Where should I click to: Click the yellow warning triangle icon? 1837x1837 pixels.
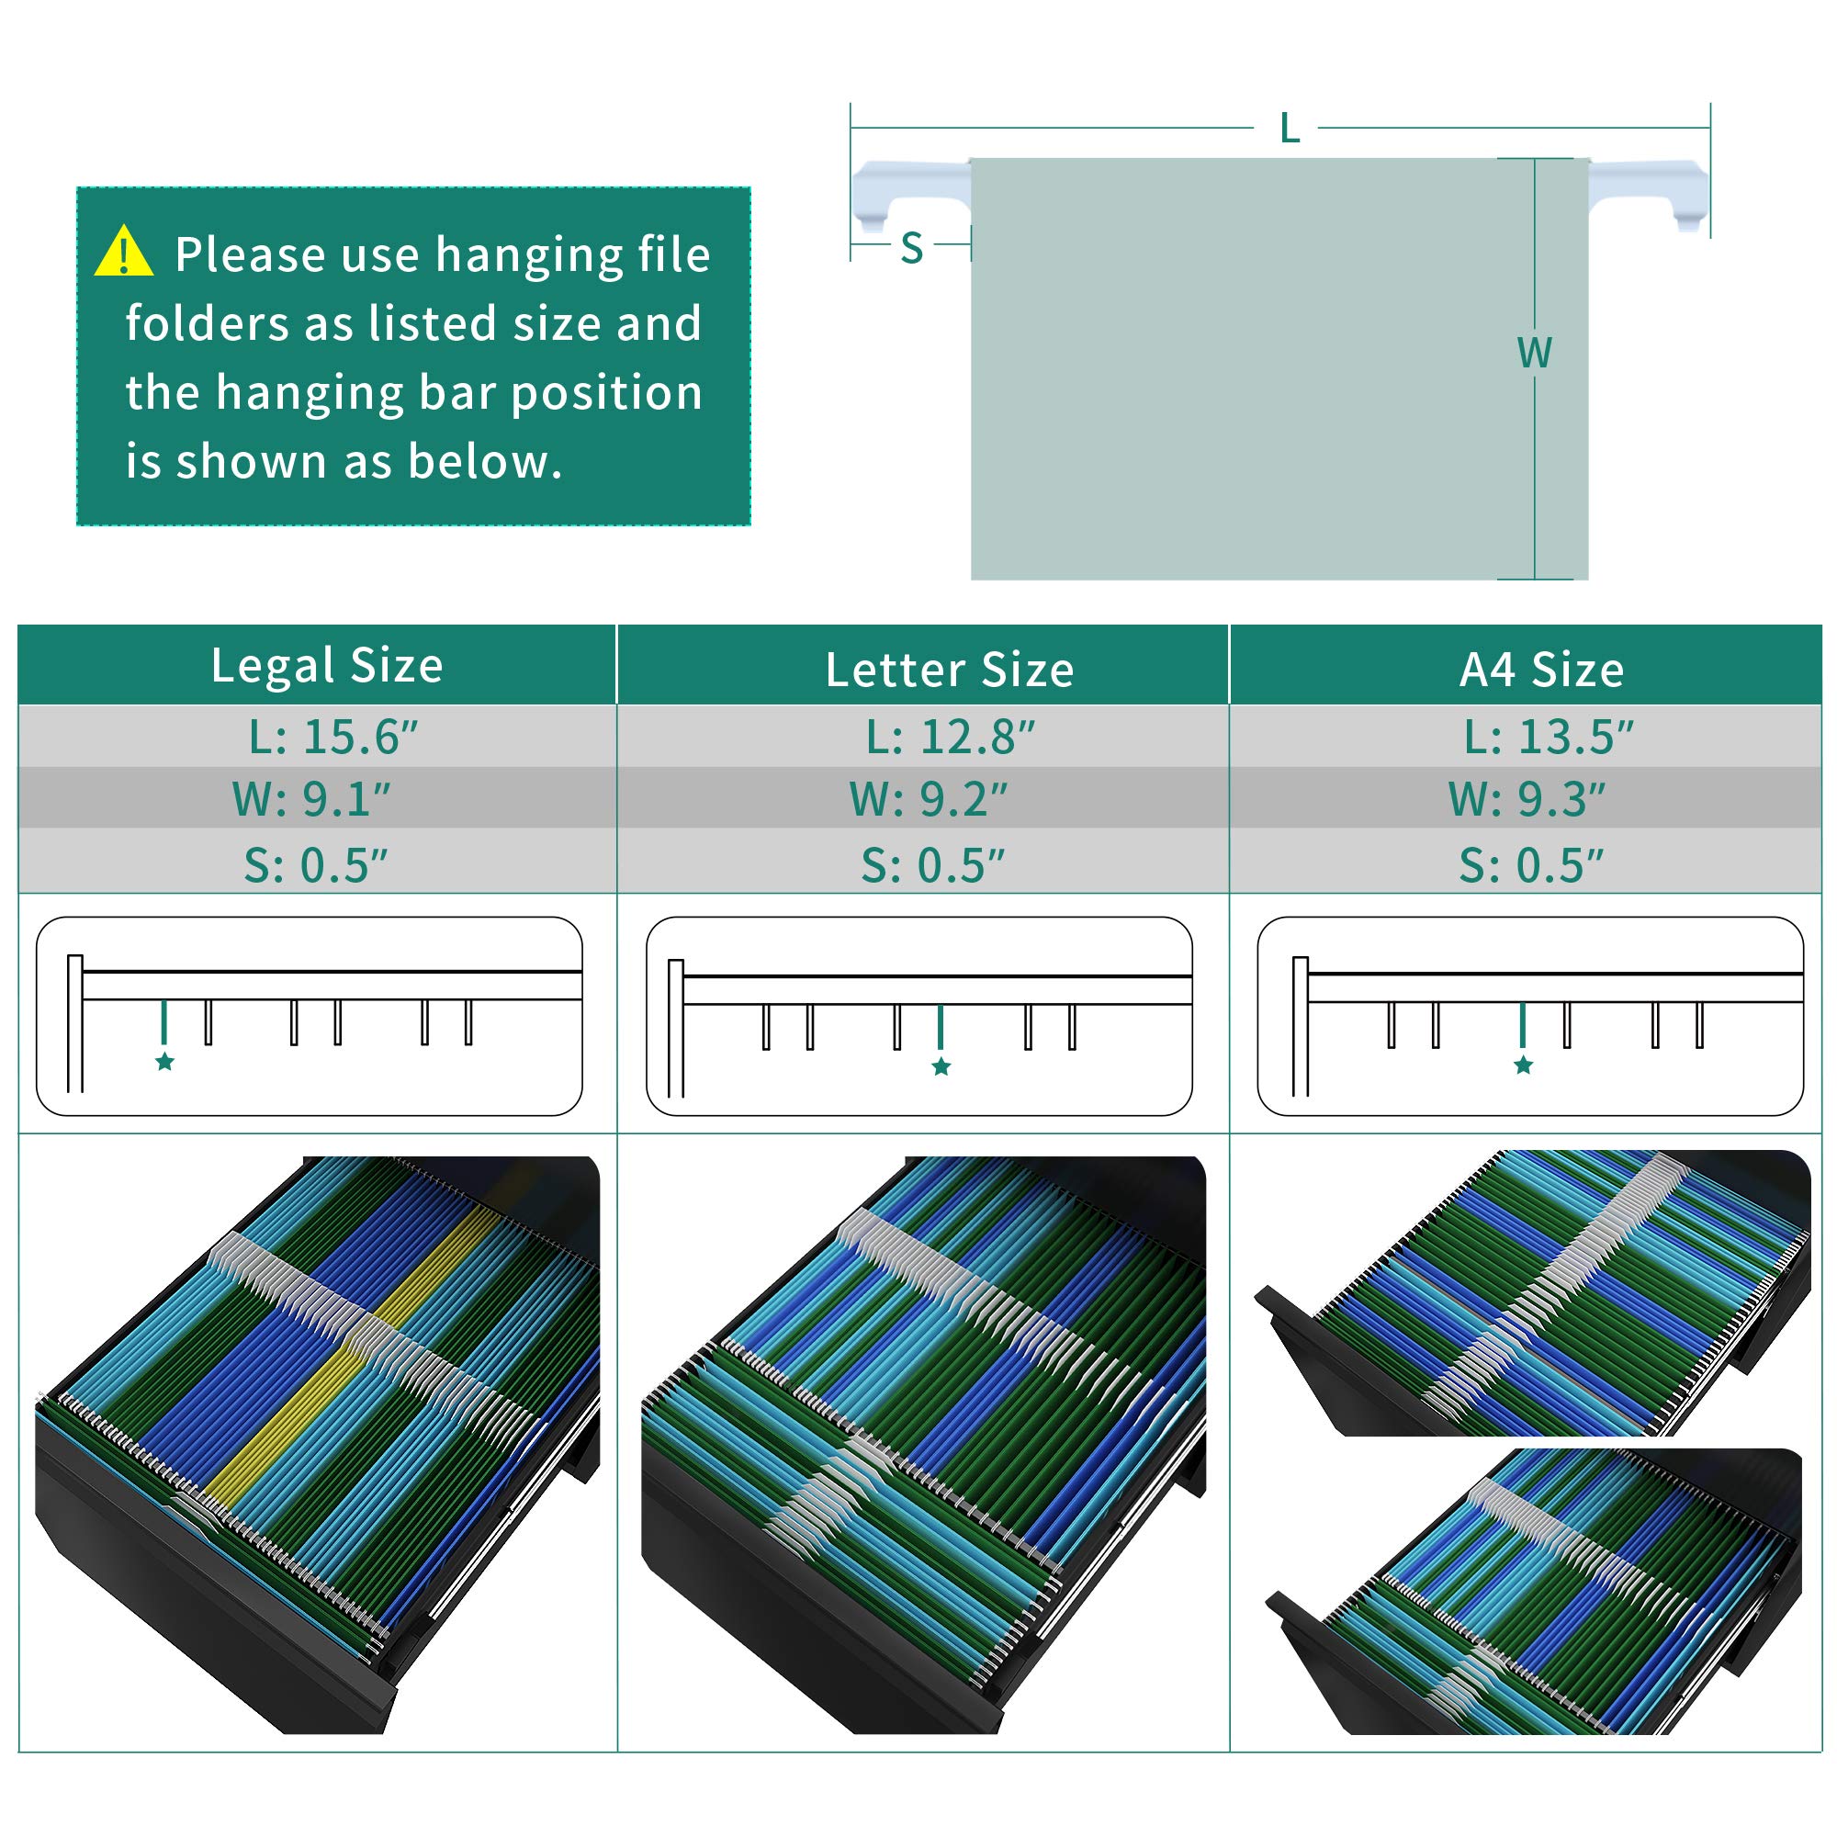click(124, 252)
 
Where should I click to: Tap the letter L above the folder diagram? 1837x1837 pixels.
click(1290, 128)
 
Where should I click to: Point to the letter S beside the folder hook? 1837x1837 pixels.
click(912, 248)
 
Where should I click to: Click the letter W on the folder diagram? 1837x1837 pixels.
click(1535, 353)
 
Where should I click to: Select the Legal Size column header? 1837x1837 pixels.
click(327, 665)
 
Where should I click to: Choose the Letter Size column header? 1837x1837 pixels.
click(950, 670)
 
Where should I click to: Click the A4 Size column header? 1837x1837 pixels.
click(1542, 670)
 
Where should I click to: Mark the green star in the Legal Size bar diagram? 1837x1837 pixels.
click(164, 1061)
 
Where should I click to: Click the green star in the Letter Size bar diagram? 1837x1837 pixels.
click(941, 1065)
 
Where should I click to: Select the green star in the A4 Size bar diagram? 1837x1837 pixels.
click(1523, 1065)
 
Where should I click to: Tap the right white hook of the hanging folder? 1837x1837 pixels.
click(1648, 194)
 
